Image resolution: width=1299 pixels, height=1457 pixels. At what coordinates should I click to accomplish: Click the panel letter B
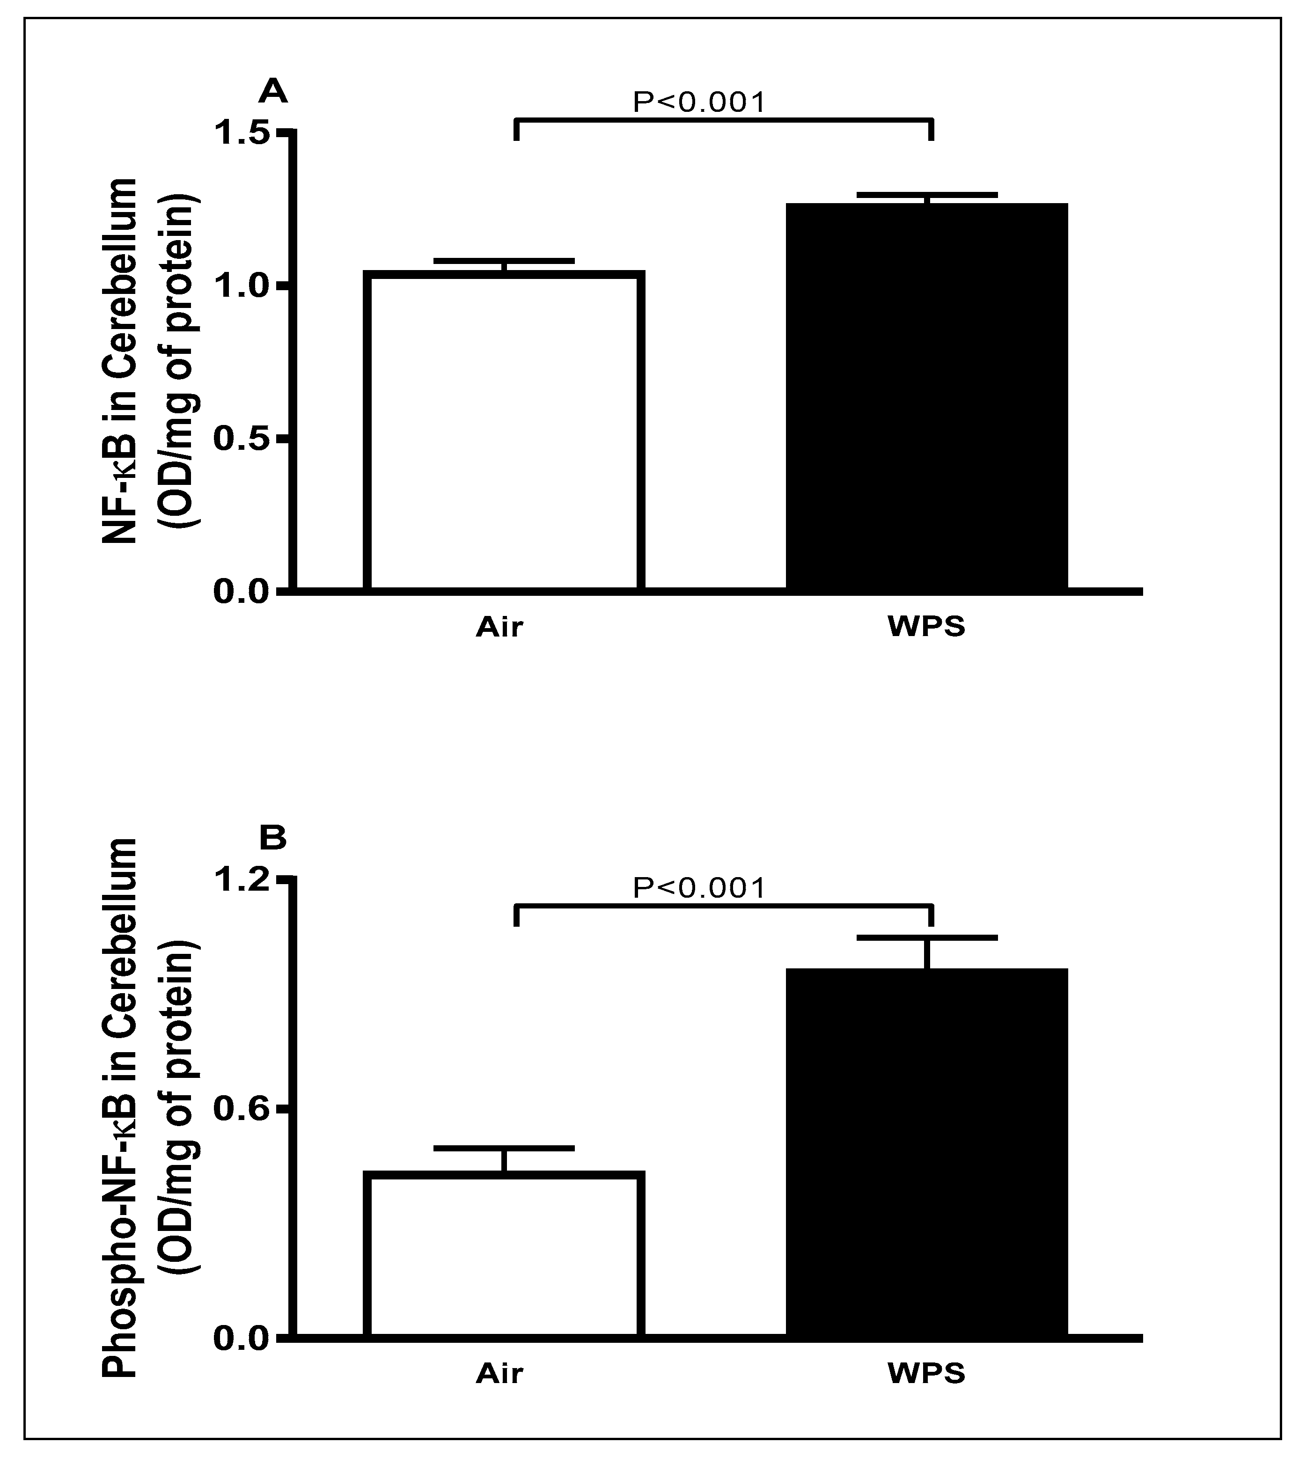click(x=272, y=838)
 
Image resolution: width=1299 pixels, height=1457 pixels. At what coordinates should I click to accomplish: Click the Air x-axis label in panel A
click(x=499, y=627)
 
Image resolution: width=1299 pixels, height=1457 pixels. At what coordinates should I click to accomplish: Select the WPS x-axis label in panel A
click(x=926, y=627)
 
